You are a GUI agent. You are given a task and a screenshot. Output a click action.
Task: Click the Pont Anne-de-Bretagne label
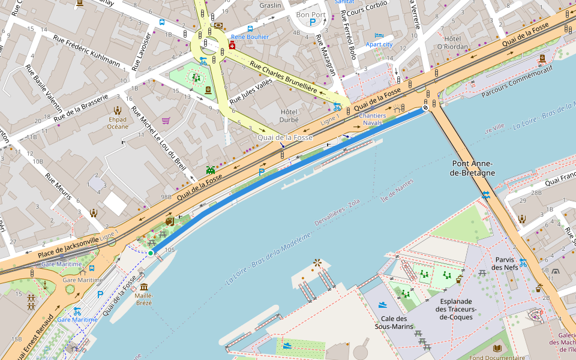tap(473, 168)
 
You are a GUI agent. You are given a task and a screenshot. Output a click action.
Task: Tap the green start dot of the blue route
tap(150, 253)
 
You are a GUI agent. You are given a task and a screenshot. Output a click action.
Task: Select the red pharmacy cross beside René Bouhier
tap(232, 45)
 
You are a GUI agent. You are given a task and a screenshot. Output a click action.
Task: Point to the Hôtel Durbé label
tap(289, 116)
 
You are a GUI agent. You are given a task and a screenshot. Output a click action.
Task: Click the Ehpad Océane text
tap(118, 122)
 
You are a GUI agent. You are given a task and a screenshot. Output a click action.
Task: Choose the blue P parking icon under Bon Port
tap(312, 23)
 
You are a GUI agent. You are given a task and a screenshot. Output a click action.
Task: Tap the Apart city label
tap(379, 44)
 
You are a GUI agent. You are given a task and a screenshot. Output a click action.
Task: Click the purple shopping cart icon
tap(166, 120)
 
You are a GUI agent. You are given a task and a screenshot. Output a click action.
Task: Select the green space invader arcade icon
tap(211, 170)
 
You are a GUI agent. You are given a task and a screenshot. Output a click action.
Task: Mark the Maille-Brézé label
tap(143, 299)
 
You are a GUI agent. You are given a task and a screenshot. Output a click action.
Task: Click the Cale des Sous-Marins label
tap(394, 322)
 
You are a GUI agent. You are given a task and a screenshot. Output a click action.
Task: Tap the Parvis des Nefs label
tap(505, 263)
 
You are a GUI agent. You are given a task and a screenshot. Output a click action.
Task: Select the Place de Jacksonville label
tap(68, 248)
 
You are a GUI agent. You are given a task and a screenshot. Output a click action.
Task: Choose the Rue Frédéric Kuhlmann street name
tap(86, 50)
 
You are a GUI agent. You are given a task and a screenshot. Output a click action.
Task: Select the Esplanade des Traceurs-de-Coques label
tap(457, 309)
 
